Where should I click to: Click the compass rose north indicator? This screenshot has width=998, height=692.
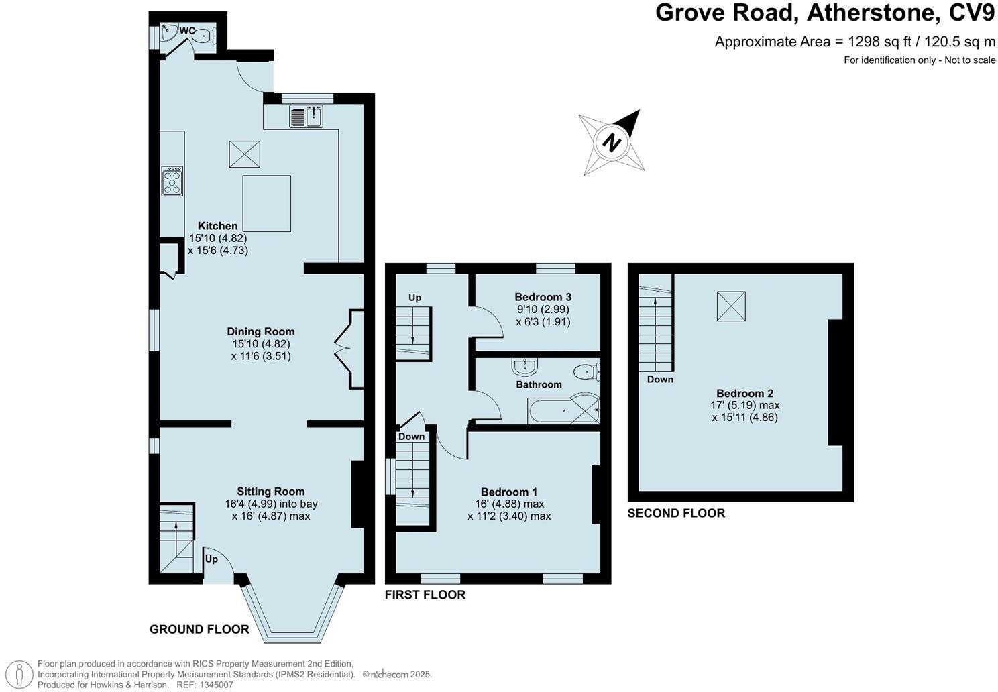(611, 142)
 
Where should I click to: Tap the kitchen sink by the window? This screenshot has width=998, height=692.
(307, 117)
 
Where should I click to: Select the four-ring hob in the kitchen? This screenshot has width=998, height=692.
(172, 181)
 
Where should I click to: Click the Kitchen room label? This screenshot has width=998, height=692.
(217, 226)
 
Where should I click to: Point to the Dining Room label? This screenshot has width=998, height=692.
(260, 331)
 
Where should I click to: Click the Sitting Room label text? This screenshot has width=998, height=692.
(270, 492)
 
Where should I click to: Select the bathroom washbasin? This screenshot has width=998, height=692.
(524, 367)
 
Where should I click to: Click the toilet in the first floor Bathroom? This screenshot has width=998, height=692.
(586, 371)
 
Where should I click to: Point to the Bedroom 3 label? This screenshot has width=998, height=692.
(543, 297)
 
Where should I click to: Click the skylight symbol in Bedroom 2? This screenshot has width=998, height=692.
(731, 306)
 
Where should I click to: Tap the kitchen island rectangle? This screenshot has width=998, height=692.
(266, 203)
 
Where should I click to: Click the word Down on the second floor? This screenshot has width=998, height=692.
(660, 380)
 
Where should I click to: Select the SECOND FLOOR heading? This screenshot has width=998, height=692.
(676, 514)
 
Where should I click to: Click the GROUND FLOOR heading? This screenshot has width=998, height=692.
(199, 630)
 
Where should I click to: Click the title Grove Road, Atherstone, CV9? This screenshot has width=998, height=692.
(824, 13)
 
